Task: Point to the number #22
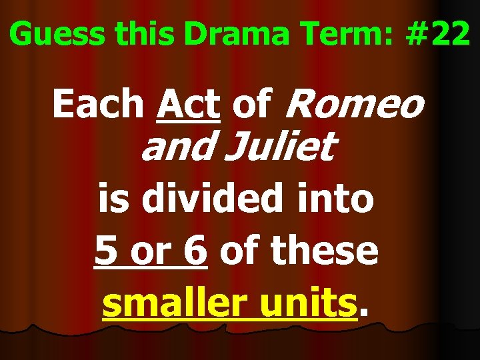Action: [x=437, y=35]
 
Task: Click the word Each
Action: [x=99, y=105]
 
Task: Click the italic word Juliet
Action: [x=280, y=148]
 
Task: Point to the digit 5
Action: [x=107, y=251]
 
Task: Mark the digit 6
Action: [x=195, y=251]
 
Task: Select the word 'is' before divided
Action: [x=114, y=199]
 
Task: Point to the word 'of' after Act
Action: [x=252, y=105]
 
